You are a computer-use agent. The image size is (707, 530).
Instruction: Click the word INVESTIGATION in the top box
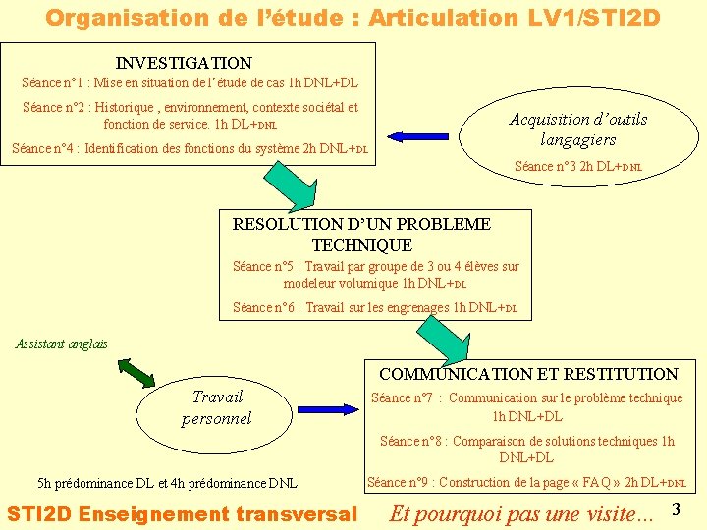(x=184, y=63)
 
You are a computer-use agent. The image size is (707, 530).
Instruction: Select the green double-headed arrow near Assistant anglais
(x=136, y=373)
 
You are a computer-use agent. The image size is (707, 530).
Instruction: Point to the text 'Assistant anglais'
(x=62, y=344)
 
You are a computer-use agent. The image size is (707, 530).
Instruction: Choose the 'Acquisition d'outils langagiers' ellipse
(x=577, y=130)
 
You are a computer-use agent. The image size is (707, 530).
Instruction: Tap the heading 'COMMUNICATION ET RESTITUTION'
(x=528, y=374)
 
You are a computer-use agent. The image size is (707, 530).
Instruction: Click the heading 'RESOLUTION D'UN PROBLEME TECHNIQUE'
(x=361, y=235)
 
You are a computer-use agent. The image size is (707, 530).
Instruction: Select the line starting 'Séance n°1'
(x=190, y=84)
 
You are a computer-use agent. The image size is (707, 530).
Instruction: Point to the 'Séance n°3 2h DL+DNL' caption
(x=578, y=166)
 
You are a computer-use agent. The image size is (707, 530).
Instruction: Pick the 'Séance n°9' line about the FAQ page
(x=526, y=482)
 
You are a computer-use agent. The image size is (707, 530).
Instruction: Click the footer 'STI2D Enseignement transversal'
(x=182, y=513)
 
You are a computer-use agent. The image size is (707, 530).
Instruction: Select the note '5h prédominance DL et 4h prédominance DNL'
(x=167, y=483)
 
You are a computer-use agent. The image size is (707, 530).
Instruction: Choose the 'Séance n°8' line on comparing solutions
(x=527, y=450)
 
